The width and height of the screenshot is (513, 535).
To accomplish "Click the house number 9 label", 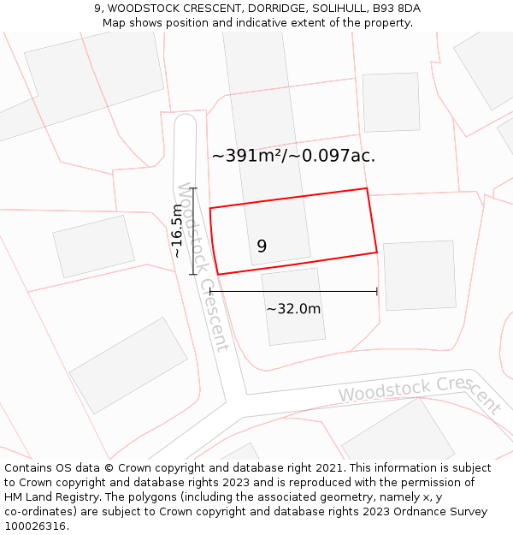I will [262, 247].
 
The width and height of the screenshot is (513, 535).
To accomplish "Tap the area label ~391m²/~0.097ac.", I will [293, 156].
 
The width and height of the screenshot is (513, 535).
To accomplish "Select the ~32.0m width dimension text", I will [293, 309].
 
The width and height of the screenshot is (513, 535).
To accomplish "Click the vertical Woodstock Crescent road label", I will [203, 266].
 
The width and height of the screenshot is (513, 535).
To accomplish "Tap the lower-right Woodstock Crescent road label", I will [419, 393].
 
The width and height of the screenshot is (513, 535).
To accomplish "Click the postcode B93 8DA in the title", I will [397, 9].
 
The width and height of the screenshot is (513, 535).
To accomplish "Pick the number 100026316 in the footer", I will [33, 526].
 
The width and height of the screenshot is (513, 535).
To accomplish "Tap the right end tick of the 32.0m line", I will [377, 292].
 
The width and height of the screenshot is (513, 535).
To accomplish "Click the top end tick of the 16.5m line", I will [193, 188].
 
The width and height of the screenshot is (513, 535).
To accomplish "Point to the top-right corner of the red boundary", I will [367, 188].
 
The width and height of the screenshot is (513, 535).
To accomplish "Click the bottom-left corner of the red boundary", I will [218, 274].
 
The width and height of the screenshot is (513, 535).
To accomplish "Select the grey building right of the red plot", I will [419, 275].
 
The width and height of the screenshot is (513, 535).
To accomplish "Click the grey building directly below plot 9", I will [293, 306].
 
